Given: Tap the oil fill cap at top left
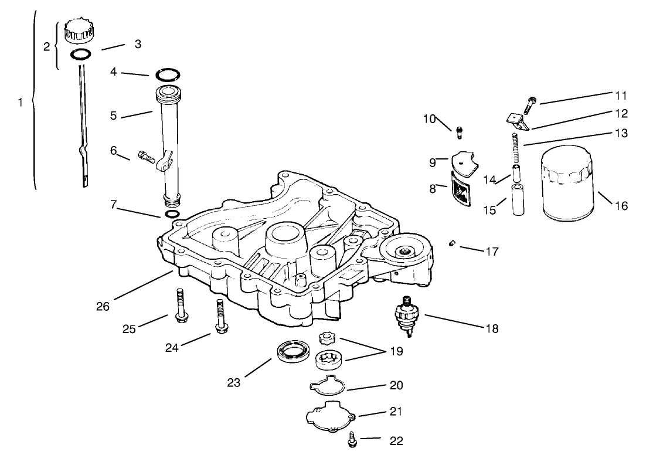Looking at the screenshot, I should pos(79,30).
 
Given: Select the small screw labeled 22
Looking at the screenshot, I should pos(352,442).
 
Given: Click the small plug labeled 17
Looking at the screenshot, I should pos(452,243).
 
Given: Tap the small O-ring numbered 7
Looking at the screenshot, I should pos(172,215).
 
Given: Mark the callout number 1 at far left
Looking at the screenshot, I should pos(21,102).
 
